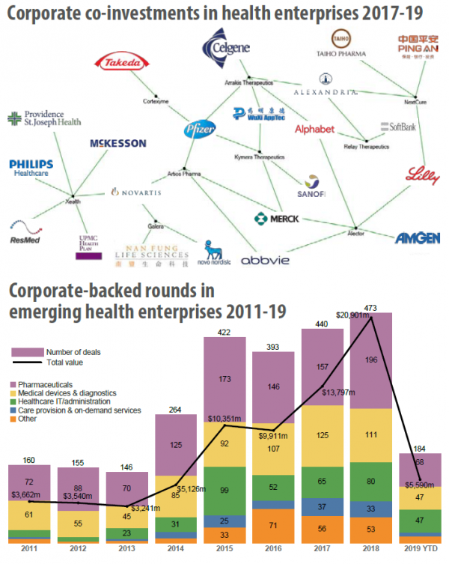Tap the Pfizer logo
pyautogui.click(x=201, y=130)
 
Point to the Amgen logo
pyautogui.click(x=418, y=238)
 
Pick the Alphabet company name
pyautogui.click(x=314, y=130)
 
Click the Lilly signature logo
pyautogui.click(x=423, y=176)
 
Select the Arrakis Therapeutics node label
pyautogui.click(x=243, y=83)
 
